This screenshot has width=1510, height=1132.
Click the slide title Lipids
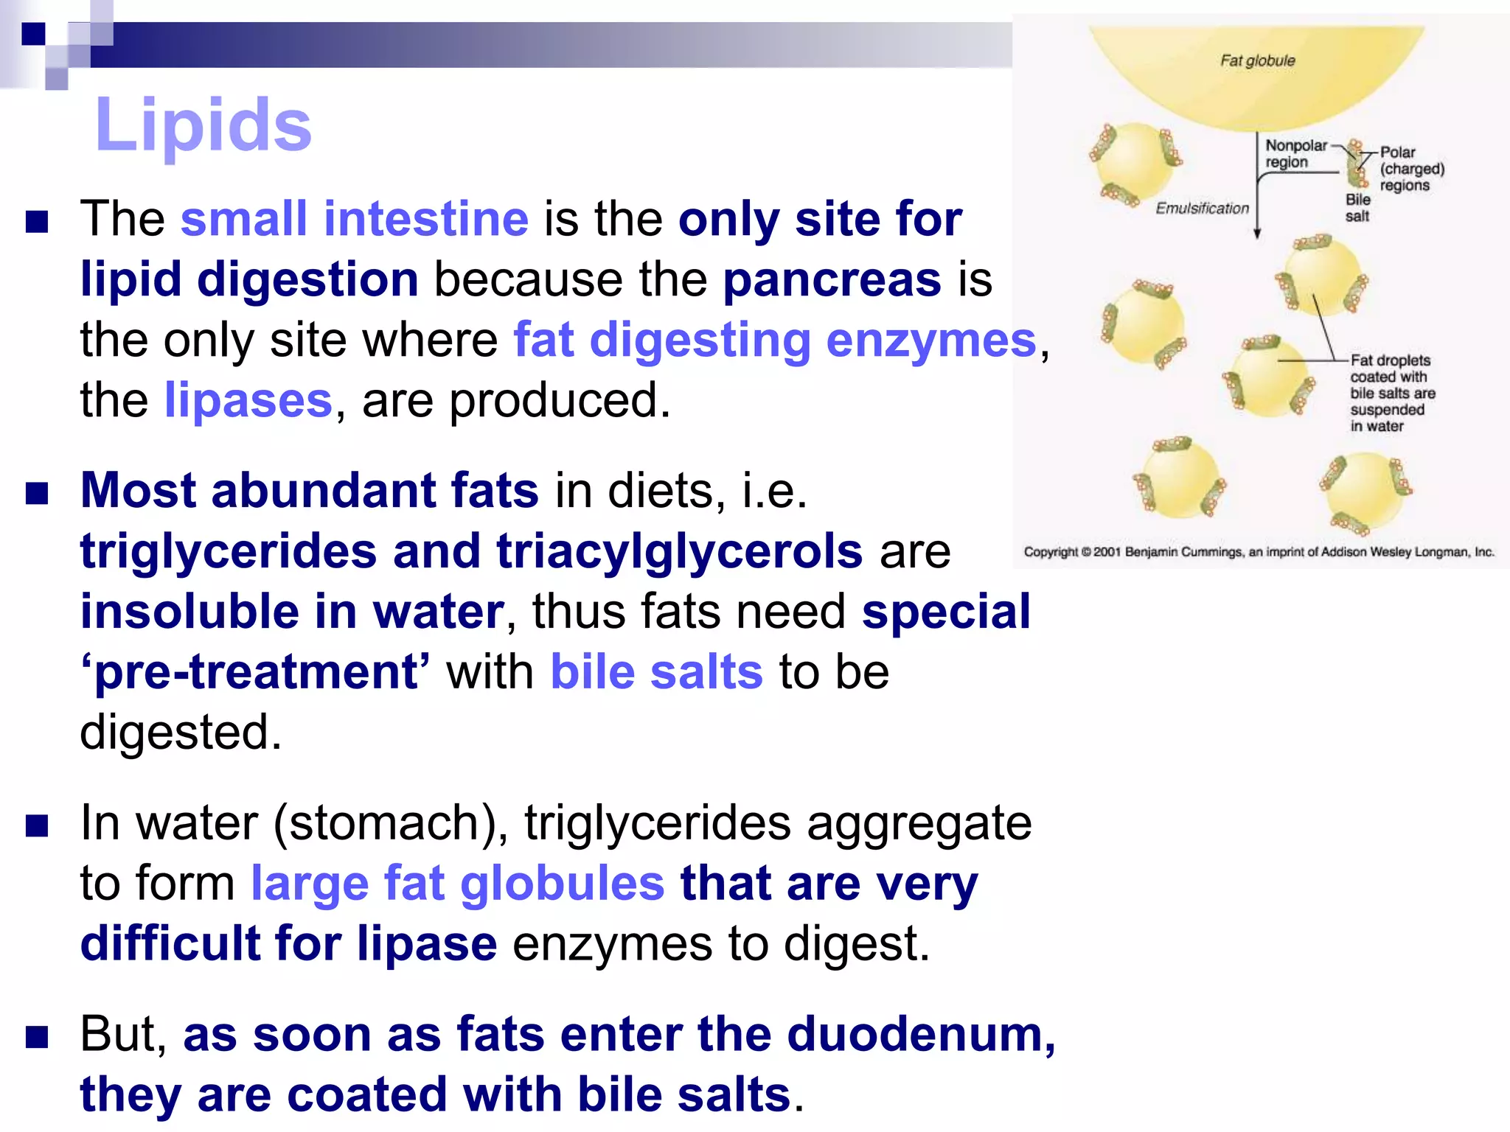(x=203, y=125)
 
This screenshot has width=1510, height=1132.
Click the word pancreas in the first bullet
(x=832, y=280)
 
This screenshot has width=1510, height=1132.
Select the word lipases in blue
(x=248, y=401)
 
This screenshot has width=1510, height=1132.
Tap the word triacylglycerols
(x=679, y=551)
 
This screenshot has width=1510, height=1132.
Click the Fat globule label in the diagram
(x=1257, y=60)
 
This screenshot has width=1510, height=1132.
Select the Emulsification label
(x=1202, y=209)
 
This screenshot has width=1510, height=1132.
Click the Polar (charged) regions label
(x=1410, y=169)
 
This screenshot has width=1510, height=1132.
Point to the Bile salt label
(x=1357, y=208)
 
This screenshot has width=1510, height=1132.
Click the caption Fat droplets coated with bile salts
(x=1391, y=392)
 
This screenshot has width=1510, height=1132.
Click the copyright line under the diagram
(x=1258, y=552)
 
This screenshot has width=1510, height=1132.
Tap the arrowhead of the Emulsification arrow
(x=1257, y=234)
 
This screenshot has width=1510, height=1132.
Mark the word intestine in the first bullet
(x=426, y=220)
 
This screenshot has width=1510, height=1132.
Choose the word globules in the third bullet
(x=562, y=884)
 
